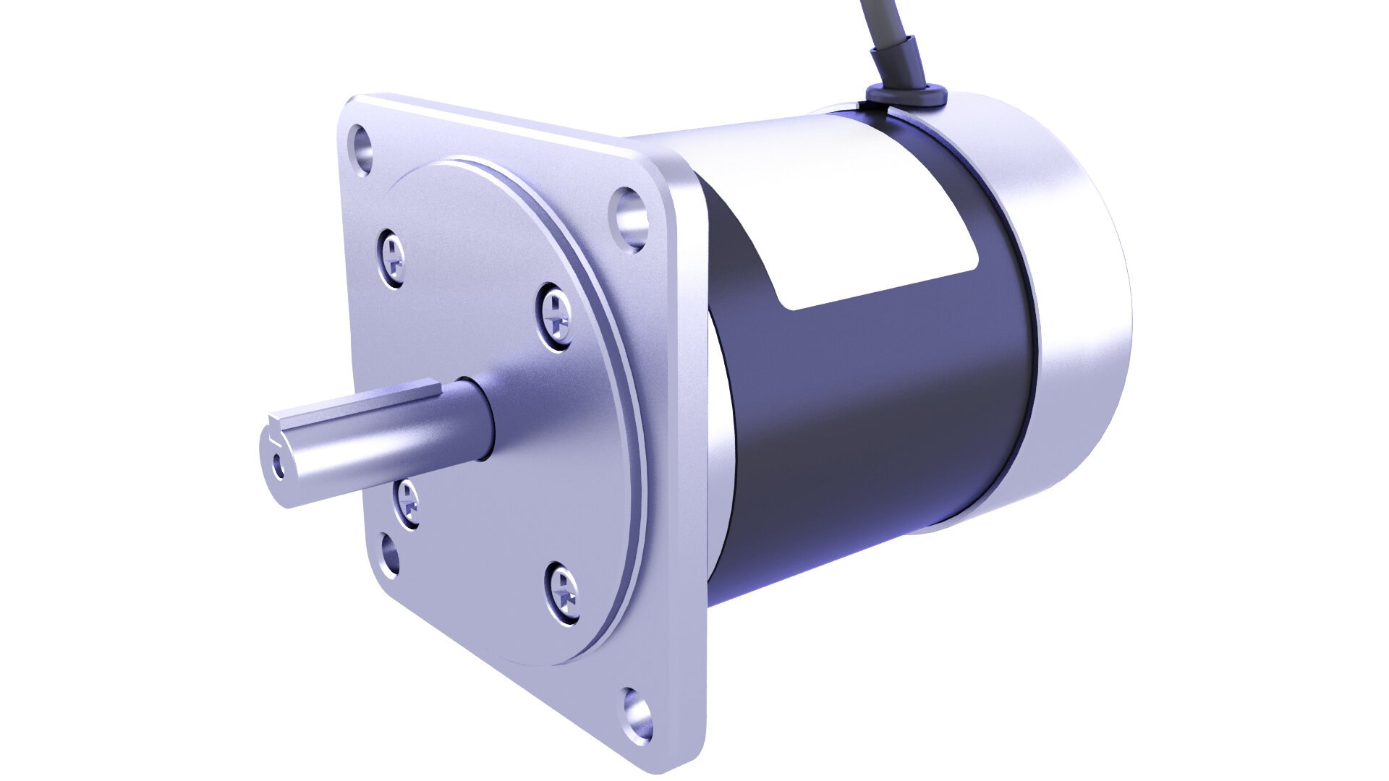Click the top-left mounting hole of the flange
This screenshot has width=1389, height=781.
[x=362, y=148]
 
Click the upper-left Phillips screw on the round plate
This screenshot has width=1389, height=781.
[x=393, y=257]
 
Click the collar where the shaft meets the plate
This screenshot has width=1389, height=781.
[x=477, y=419]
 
